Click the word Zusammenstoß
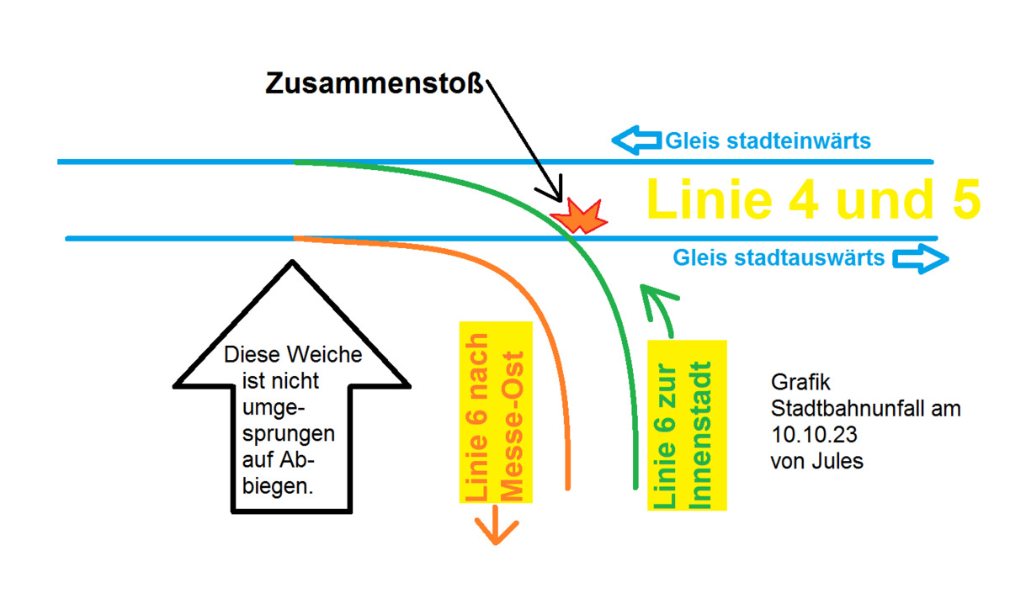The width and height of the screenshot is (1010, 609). click(x=376, y=85)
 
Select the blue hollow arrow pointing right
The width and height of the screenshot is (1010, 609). click(x=921, y=258)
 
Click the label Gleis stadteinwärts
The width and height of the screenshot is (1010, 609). click(x=768, y=141)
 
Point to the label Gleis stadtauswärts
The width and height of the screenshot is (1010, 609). click(x=779, y=258)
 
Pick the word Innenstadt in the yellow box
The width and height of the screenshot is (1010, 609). click(x=701, y=436)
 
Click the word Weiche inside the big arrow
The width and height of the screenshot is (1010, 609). click(x=330, y=355)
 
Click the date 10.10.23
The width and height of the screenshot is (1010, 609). click(x=807, y=436)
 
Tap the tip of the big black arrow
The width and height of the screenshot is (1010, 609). click(x=292, y=263)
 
